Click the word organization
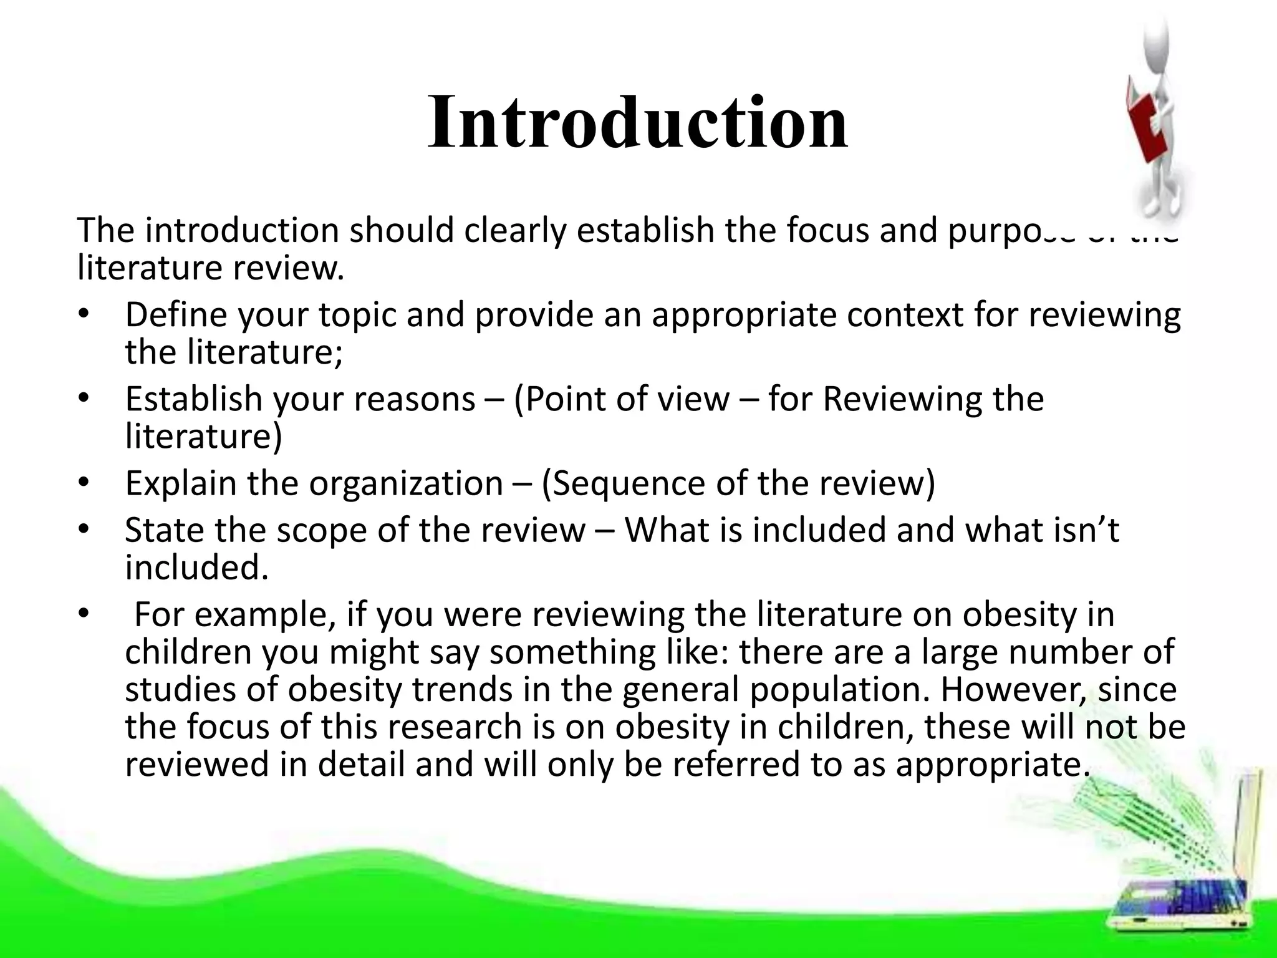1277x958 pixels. pos(406,483)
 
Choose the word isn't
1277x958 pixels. pos(1089,530)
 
